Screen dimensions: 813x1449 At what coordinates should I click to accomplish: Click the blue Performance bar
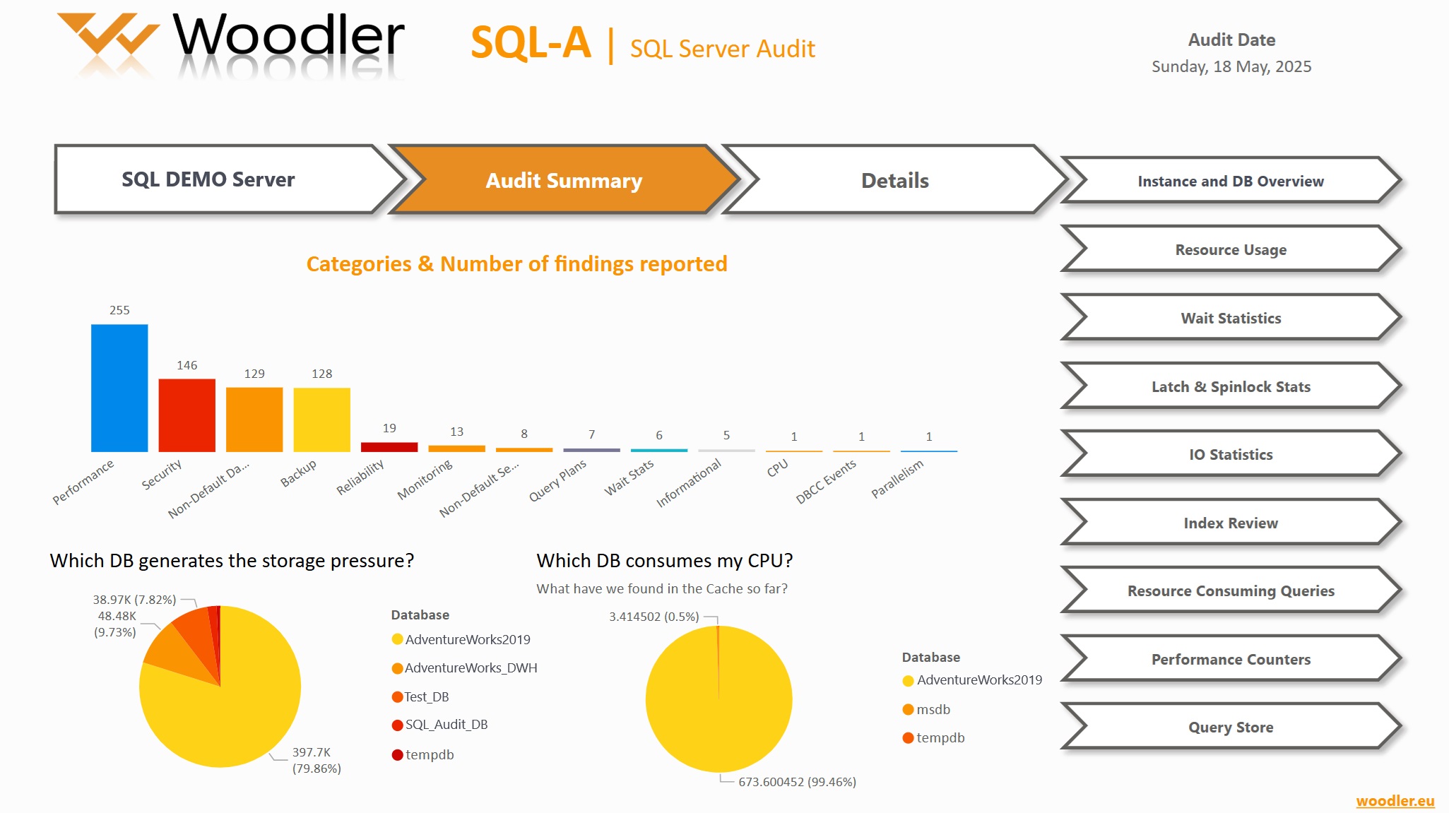[x=119, y=388]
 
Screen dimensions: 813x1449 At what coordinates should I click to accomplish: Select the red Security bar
[x=187, y=415]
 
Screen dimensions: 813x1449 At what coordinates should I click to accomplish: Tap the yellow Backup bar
[x=321, y=420]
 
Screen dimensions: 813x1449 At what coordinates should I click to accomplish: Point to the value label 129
[x=254, y=374]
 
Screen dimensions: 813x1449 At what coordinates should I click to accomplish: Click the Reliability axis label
[x=360, y=477]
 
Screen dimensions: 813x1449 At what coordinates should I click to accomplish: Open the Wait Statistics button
[x=1230, y=319]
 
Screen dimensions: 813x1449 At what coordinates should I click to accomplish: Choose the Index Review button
[x=1230, y=523]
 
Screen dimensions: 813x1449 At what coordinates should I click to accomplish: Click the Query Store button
[x=1230, y=728]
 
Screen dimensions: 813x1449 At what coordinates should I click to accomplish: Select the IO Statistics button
[x=1230, y=455]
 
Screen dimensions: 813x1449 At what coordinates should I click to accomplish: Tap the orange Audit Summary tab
[x=563, y=181]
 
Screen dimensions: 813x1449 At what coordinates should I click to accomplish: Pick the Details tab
[x=894, y=181]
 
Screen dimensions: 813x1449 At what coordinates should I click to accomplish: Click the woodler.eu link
[x=1395, y=801]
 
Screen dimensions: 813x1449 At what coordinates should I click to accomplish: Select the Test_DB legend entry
[x=426, y=697]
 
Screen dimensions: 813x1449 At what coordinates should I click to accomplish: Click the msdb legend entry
[x=933, y=710]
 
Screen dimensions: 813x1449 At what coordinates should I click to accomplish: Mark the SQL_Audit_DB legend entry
[x=446, y=725]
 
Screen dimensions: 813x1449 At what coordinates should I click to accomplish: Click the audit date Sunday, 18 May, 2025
[x=1231, y=67]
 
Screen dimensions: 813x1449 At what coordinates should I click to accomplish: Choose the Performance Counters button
[x=1230, y=660]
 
